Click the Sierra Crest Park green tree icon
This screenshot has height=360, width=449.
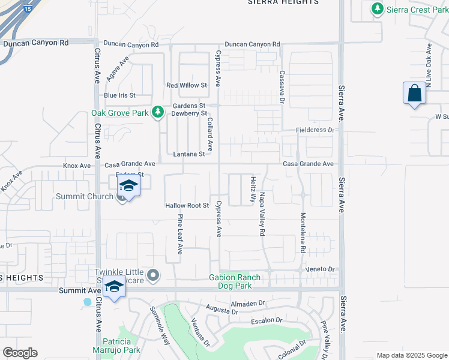pos(378,9)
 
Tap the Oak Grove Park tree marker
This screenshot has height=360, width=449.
pos(158,112)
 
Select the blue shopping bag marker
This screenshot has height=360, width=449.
pos(414,94)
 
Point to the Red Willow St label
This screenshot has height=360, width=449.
pos(187,85)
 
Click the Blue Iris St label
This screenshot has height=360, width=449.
pos(119,95)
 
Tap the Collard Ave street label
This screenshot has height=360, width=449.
pos(209,134)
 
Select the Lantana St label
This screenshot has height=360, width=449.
pos(189,154)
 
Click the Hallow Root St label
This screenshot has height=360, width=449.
pos(187,205)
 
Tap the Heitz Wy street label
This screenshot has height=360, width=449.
pos(253,190)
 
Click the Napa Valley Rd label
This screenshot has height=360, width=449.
pos(262,213)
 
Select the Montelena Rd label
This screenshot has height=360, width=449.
pos(303,232)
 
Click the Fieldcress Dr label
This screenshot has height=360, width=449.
pos(315,130)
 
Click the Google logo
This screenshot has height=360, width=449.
pos(20,353)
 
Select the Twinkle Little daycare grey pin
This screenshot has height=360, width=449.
pos(154,276)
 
